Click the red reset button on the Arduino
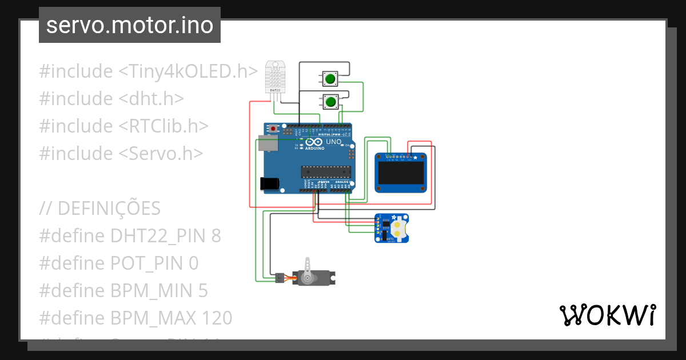(x=273, y=129)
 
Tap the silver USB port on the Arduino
(x=266, y=143)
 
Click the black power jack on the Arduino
(x=269, y=183)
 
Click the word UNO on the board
(x=333, y=142)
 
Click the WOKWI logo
(x=607, y=315)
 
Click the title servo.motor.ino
(x=130, y=25)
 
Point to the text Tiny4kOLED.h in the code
(x=188, y=71)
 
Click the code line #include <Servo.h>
(x=121, y=153)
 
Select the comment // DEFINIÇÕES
(x=100, y=209)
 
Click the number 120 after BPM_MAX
(x=217, y=318)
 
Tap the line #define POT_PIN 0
(x=119, y=263)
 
